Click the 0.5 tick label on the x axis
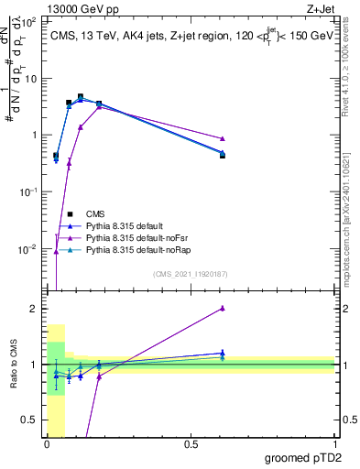pyautogui.click(x=191, y=445)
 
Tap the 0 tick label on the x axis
pyautogui.click(x=47, y=445)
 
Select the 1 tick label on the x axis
pyautogui.click(x=334, y=445)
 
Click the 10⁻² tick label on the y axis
pyautogui.click(x=28, y=249)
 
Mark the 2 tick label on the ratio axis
pyautogui.click(x=34, y=309)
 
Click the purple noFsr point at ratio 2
pyautogui.click(x=223, y=309)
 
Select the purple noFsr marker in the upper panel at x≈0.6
pyautogui.click(x=223, y=138)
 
